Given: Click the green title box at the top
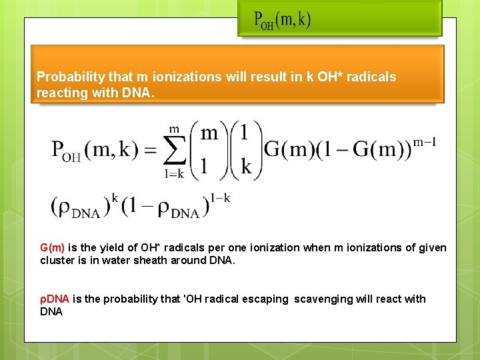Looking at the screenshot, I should pos(340,18).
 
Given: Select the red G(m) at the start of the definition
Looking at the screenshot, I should pos(52,247).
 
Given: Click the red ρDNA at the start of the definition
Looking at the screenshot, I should pos(55,299).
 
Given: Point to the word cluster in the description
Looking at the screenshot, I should pos(57,260).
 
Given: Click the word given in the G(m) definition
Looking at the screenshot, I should pos(432,247).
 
